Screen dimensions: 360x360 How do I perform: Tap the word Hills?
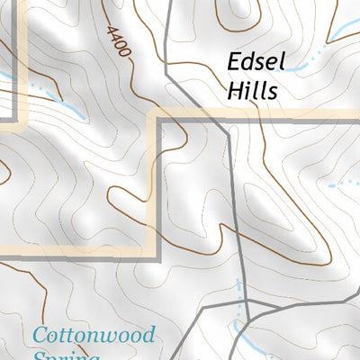(252, 90)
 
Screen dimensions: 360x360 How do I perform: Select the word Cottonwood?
(94, 335)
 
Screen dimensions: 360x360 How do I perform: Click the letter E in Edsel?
(233, 63)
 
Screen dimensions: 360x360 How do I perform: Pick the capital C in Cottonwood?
(40, 336)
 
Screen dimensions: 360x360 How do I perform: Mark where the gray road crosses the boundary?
(224, 117)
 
